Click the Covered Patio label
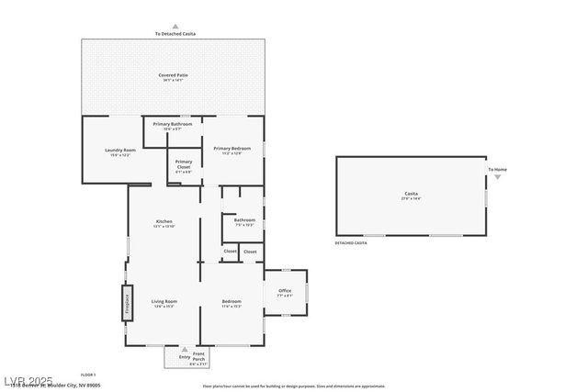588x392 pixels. (x=174, y=76)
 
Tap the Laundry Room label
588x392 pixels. (x=120, y=151)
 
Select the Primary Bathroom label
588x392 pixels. (x=172, y=125)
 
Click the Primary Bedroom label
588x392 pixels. (x=232, y=149)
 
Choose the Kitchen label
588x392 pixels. (x=164, y=222)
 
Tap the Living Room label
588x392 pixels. (x=164, y=302)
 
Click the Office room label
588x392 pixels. (x=285, y=291)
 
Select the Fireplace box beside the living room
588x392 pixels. (x=127, y=302)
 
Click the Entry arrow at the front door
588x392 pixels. (x=185, y=351)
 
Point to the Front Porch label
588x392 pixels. (x=199, y=356)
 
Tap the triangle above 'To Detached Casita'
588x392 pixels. (x=175, y=27)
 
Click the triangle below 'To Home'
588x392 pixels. (x=497, y=177)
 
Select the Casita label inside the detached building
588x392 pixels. (x=411, y=194)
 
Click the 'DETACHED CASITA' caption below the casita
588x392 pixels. (x=351, y=243)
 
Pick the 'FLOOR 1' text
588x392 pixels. (x=88, y=375)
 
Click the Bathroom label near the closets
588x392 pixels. (x=244, y=220)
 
